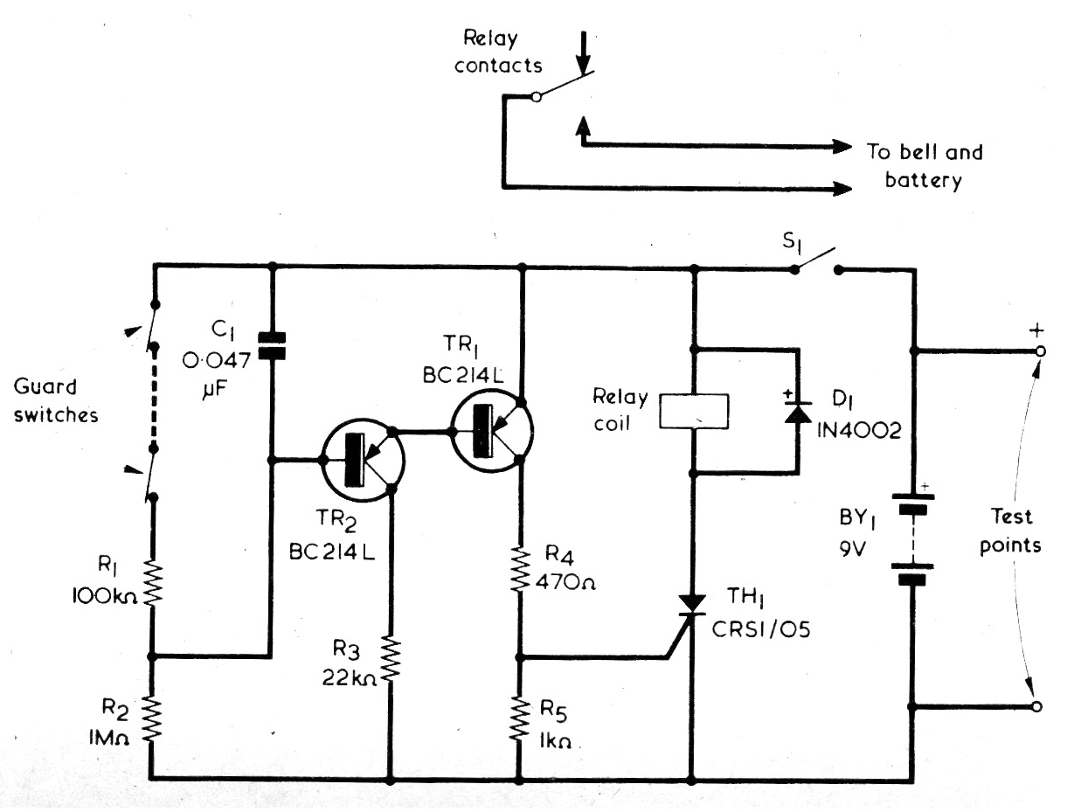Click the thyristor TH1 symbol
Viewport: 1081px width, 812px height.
[x=691, y=606]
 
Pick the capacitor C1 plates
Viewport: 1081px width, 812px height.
[x=272, y=345]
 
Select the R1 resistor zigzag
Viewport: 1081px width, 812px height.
[x=152, y=584]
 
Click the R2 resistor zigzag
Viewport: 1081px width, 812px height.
[x=152, y=720]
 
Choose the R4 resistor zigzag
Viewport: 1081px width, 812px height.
[x=520, y=569]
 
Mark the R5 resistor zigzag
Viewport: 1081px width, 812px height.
[x=519, y=719]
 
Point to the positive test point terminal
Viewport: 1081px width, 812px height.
[x=1040, y=351]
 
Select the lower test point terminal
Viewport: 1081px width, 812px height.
[x=1036, y=707]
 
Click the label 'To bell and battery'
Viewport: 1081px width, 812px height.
[x=925, y=165]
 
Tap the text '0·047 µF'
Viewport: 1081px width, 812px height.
[x=217, y=375]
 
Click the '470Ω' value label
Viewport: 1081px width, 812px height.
[x=565, y=583]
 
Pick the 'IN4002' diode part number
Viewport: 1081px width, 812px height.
[x=859, y=430]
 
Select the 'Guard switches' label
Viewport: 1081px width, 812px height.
[x=56, y=401]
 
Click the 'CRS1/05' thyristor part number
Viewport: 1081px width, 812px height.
[x=761, y=630]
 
